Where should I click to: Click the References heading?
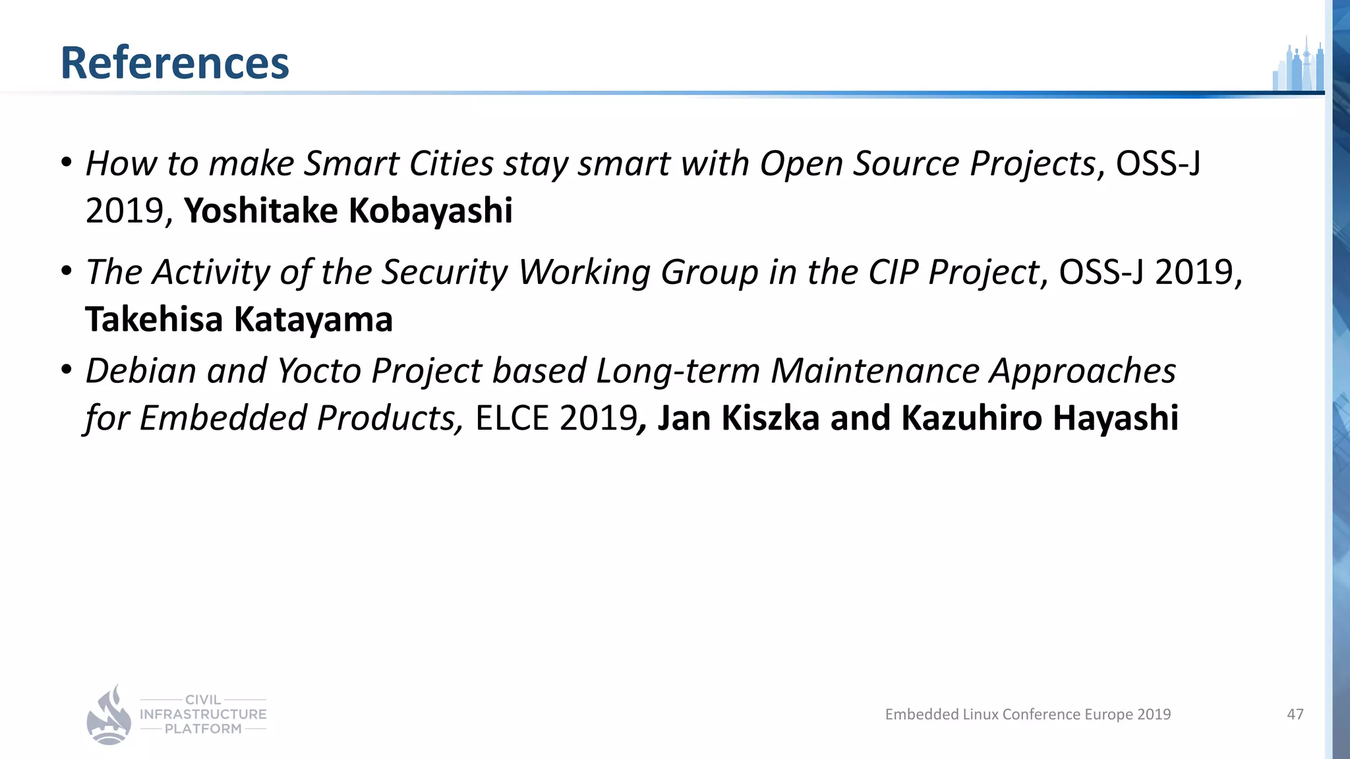tap(175, 63)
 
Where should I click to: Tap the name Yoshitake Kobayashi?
tap(348, 211)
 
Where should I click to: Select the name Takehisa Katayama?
tap(239, 320)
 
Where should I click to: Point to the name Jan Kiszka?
tap(738, 418)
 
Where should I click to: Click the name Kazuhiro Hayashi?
tap(1040, 418)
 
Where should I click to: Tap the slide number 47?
tap(1295, 714)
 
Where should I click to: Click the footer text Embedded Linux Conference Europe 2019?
tap(1028, 714)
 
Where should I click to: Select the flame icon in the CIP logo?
tap(109, 716)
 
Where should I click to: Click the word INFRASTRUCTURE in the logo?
tap(203, 714)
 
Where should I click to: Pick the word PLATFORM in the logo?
tap(203, 729)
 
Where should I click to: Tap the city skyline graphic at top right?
tap(1298, 67)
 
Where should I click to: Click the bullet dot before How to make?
tap(66, 162)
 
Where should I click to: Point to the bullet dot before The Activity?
tap(66, 271)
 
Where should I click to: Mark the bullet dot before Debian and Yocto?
tap(66, 370)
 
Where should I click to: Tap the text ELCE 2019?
tap(556, 418)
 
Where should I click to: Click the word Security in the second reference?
tap(445, 271)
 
